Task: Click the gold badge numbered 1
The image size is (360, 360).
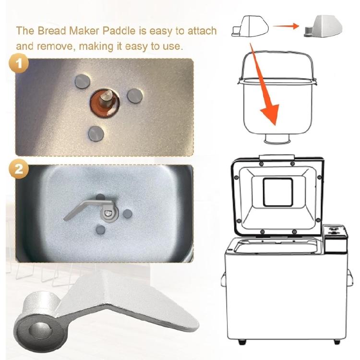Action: click(x=19, y=63)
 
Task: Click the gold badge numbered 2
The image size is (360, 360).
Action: click(x=19, y=169)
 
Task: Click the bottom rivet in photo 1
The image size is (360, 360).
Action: click(x=96, y=133)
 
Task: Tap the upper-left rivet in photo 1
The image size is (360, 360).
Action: click(x=83, y=81)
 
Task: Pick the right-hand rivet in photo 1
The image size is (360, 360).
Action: click(x=135, y=96)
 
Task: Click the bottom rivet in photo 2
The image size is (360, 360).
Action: click(x=100, y=229)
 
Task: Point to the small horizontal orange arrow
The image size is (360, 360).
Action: click(x=286, y=26)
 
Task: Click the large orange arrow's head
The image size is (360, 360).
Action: click(x=271, y=114)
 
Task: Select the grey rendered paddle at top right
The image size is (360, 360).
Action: click(x=323, y=26)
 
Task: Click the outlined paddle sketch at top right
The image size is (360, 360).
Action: click(x=250, y=26)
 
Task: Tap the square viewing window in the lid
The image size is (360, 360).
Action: click(x=278, y=192)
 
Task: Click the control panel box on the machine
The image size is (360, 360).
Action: click(x=335, y=239)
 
